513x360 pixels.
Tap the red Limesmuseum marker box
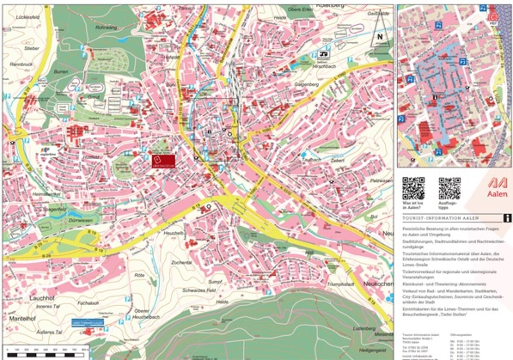click(x=163, y=161)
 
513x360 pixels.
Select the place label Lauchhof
click(x=42, y=298)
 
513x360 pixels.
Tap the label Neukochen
click(x=378, y=283)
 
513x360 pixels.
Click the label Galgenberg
click(x=307, y=84)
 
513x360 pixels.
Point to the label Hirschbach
click(x=324, y=66)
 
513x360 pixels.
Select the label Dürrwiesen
click(x=81, y=220)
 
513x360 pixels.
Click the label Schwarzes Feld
click(x=199, y=290)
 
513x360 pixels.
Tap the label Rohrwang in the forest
click(x=106, y=27)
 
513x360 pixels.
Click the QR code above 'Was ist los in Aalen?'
click(x=413, y=188)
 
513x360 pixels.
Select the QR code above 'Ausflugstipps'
click(x=449, y=188)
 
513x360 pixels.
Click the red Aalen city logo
click(x=497, y=187)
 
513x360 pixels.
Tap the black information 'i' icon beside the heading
click(x=507, y=218)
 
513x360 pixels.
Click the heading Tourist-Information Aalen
click(x=441, y=218)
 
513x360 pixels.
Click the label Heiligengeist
click(x=372, y=350)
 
